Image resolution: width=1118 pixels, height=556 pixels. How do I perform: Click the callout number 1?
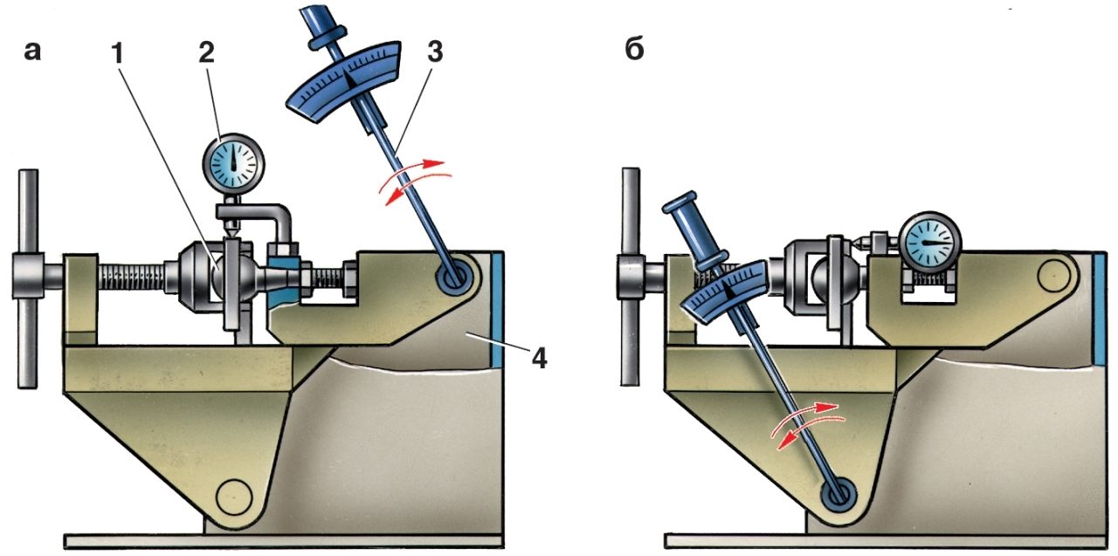118,54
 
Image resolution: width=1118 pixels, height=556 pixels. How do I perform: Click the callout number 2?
206,52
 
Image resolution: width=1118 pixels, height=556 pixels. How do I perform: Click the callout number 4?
539,358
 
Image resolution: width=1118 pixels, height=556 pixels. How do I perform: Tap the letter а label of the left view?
32,51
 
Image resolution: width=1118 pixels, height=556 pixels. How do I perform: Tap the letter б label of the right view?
634,50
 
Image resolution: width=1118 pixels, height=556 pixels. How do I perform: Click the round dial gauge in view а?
233,163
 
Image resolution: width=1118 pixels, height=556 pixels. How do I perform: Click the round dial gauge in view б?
930,243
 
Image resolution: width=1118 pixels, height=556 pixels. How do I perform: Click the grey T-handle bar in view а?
29,278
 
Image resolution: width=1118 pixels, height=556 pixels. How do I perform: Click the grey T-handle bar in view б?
630,277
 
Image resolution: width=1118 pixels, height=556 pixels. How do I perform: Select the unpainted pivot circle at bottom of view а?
234,498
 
